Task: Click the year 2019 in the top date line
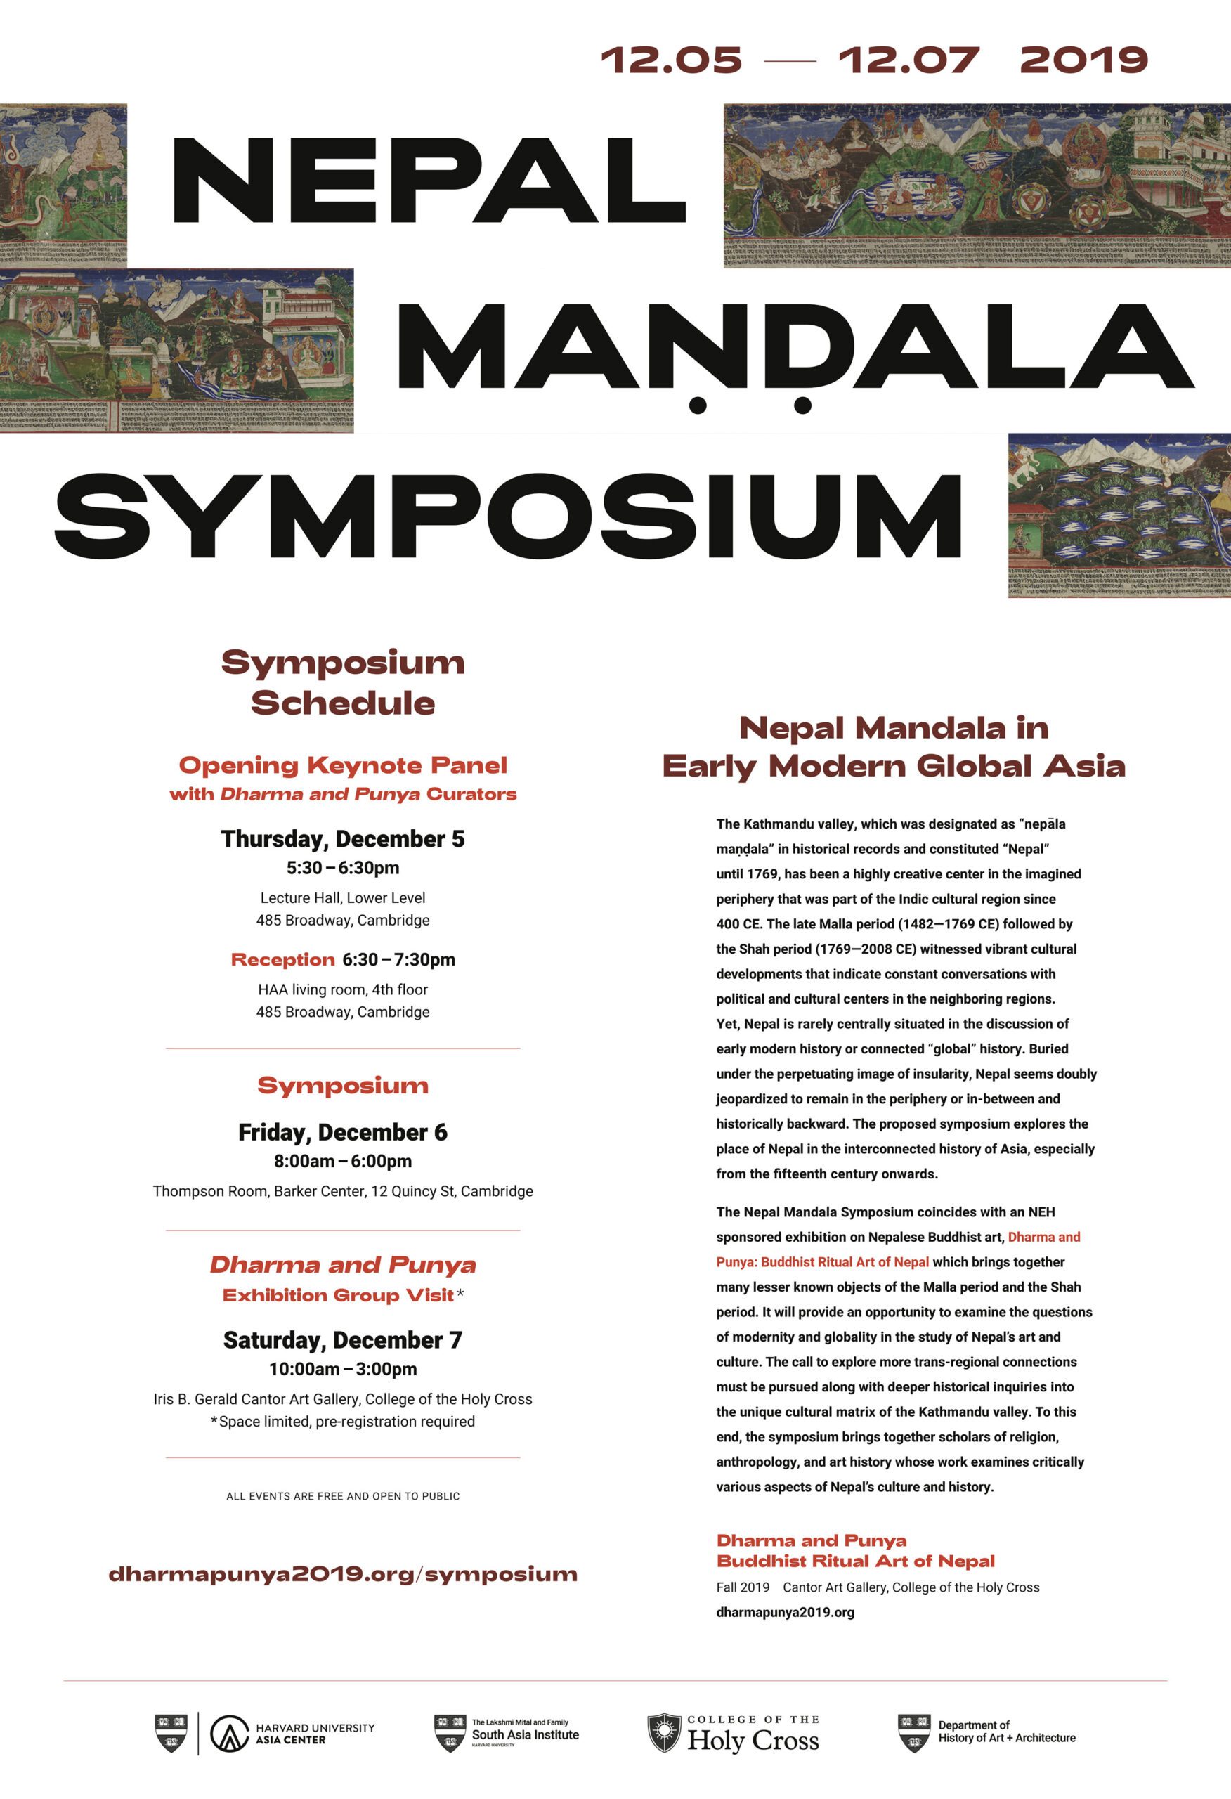click(1083, 60)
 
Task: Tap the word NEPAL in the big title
click(428, 181)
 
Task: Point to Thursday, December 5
click(343, 839)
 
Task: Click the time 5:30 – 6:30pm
click(343, 868)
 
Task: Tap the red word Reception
click(282, 960)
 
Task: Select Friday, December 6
click(343, 1133)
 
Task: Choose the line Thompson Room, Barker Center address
click(343, 1191)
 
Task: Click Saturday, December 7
click(343, 1340)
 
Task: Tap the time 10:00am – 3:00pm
click(343, 1369)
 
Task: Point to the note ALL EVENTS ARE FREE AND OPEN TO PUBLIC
click(343, 1496)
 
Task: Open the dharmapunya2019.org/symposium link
click(343, 1575)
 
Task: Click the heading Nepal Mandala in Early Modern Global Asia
click(894, 747)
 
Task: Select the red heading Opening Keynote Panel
click(343, 765)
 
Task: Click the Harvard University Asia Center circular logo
click(229, 1734)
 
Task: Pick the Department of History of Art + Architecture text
click(1006, 1732)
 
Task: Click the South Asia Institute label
click(525, 1735)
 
